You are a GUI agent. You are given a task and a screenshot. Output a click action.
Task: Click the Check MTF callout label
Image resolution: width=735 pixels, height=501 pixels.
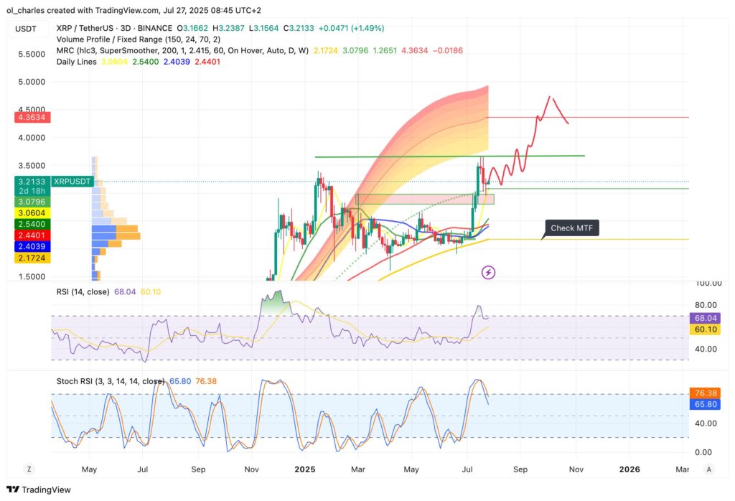click(x=571, y=228)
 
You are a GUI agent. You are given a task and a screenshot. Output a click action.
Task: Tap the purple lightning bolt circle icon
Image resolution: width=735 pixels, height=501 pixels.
click(x=489, y=272)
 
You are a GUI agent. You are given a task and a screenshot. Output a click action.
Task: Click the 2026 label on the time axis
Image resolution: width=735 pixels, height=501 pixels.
click(x=629, y=469)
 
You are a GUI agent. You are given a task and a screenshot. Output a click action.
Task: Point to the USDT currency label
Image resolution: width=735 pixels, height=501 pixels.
click(x=26, y=29)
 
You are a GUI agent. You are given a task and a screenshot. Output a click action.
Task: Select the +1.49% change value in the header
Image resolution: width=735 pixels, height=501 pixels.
click(x=368, y=28)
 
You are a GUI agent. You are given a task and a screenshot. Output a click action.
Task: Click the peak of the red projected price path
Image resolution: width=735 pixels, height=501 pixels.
click(x=550, y=97)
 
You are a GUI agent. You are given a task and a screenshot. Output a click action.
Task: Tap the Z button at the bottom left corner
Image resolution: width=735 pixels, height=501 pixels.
click(x=29, y=469)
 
